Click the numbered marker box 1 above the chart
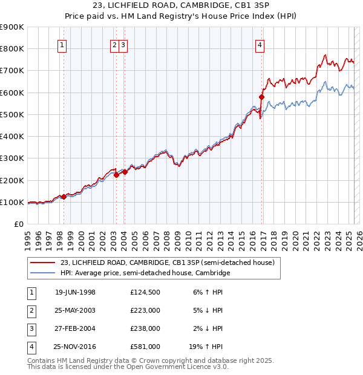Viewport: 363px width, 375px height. [x=63, y=44]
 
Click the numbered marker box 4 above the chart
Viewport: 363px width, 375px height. [x=260, y=44]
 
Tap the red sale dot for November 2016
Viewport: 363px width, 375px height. [x=262, y=97]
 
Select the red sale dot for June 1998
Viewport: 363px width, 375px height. [x=64, y=197]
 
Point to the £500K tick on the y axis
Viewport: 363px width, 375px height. [x=13, y=114]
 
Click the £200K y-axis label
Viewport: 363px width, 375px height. [x=13, y=180]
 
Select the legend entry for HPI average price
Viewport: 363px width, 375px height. [x=145, y=273]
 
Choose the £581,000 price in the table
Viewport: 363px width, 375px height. [x=145, y=347]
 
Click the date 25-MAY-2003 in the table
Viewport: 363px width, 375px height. [x=75, y=310]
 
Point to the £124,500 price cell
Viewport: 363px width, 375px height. [x=145, y=292]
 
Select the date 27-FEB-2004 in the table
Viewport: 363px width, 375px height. [x=75, y=328]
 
